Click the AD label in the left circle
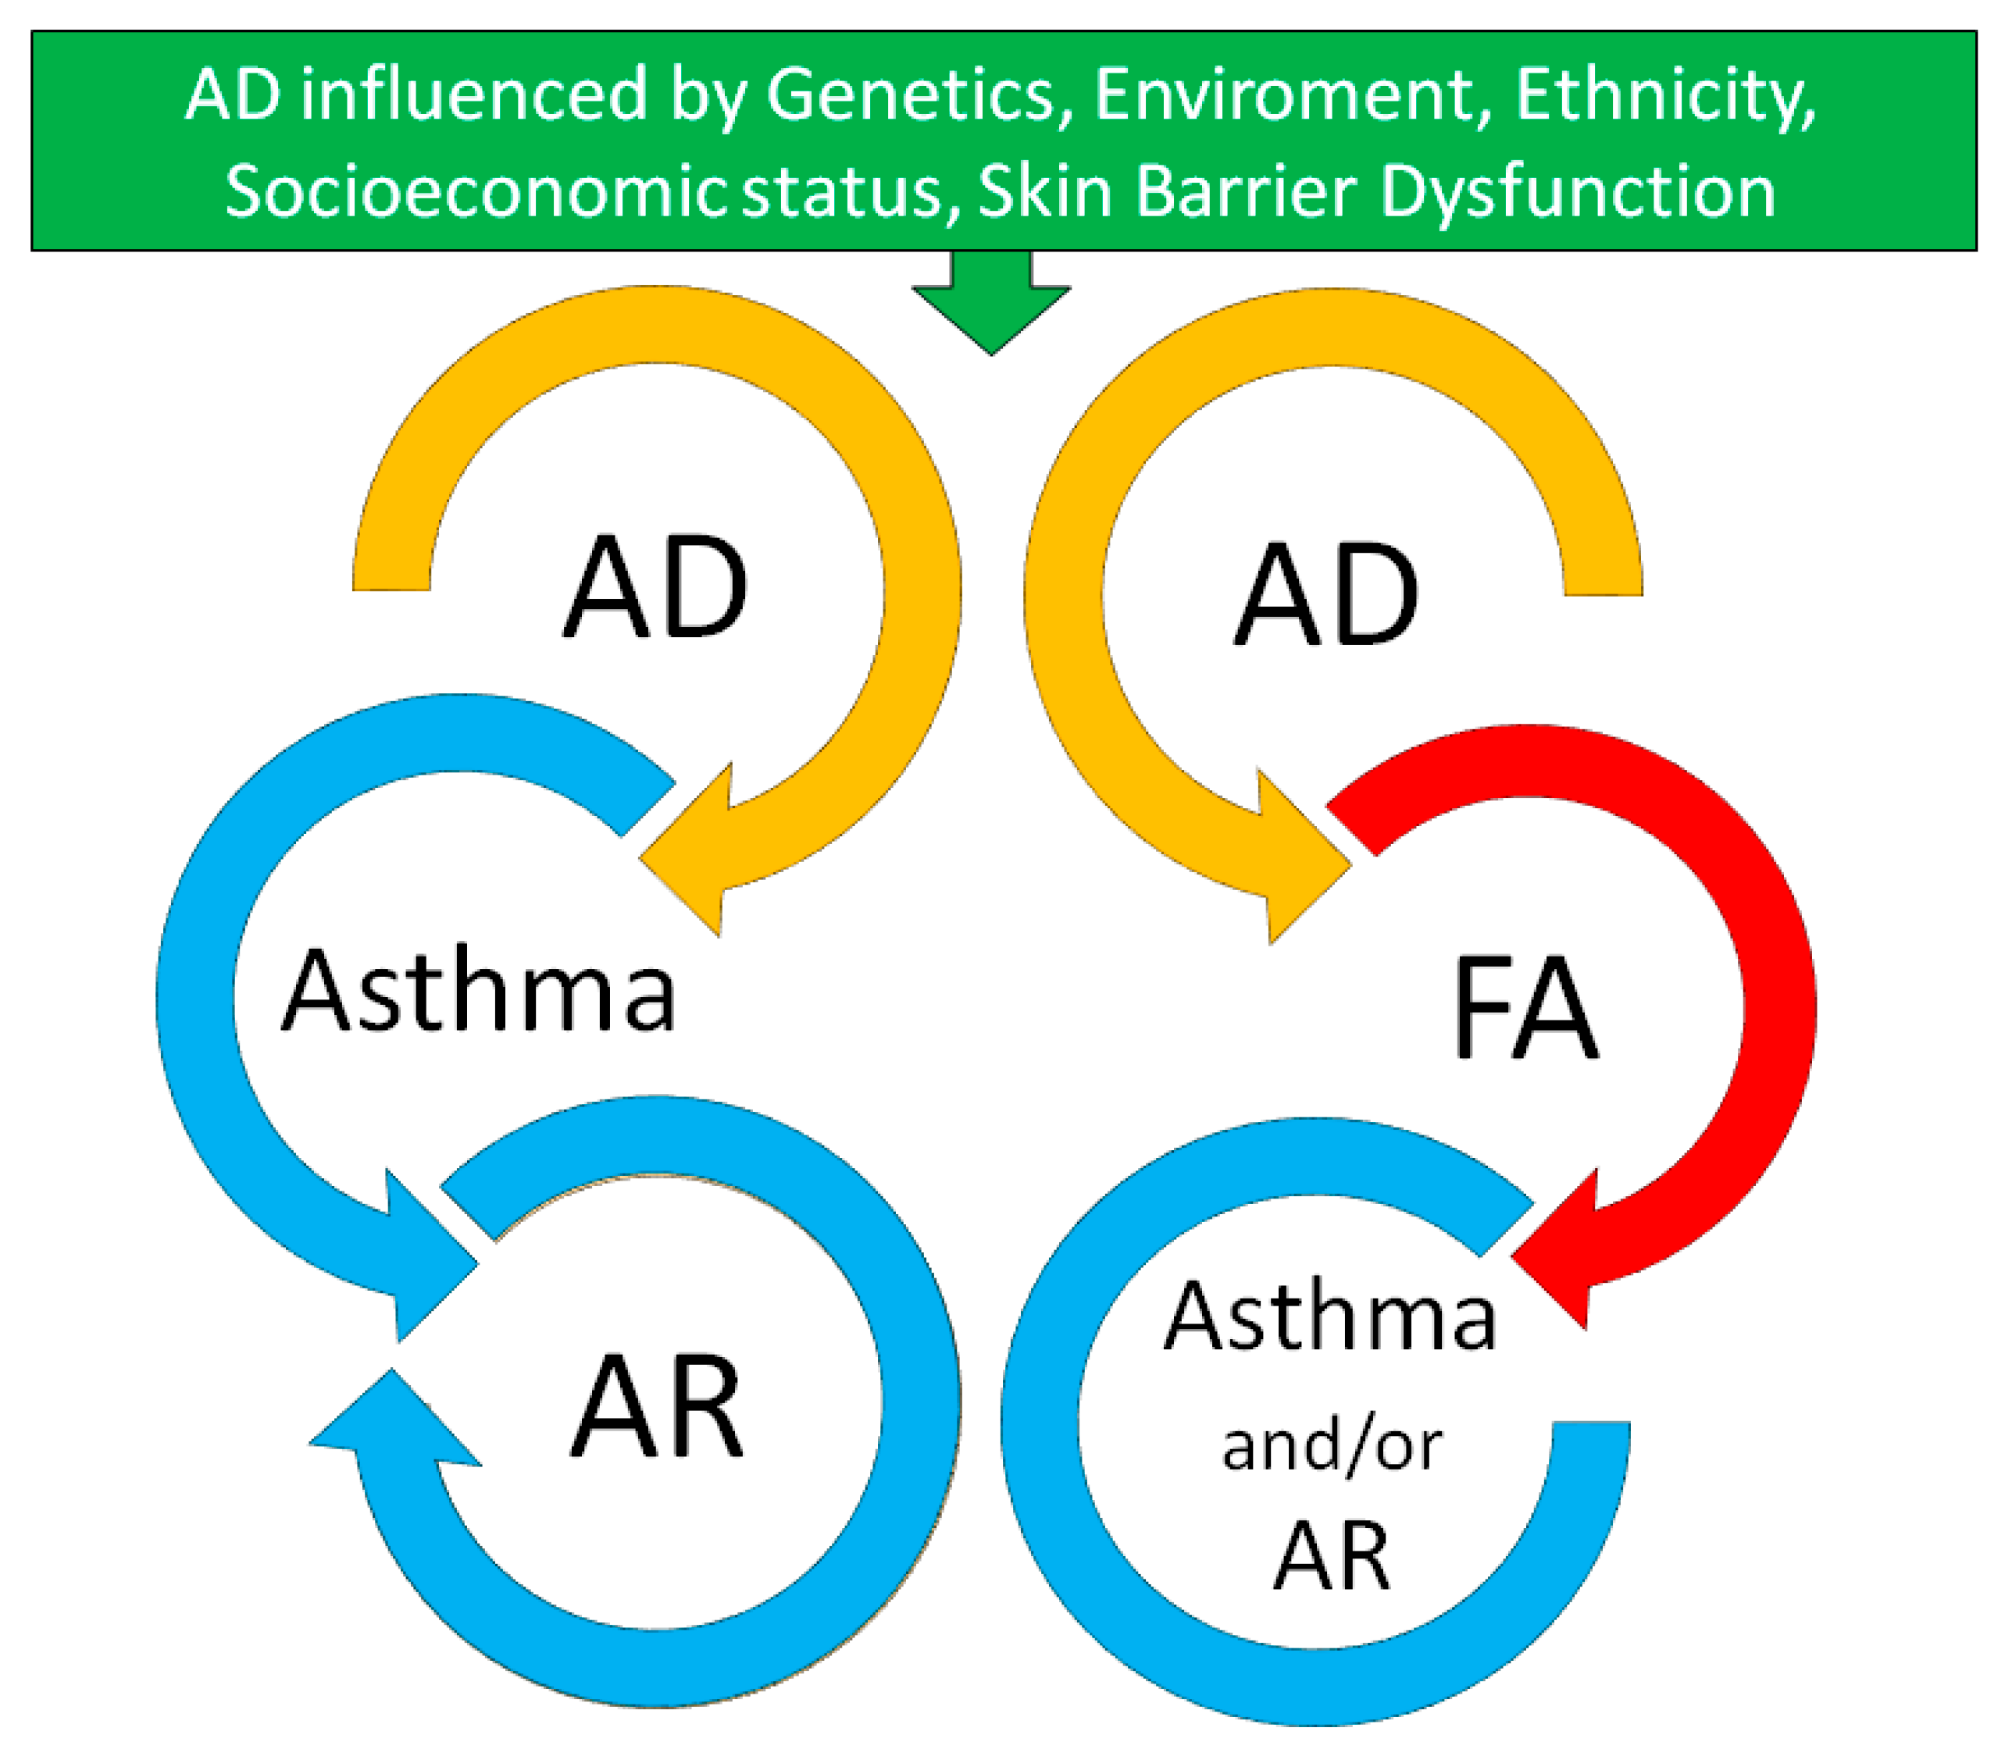[655, 589]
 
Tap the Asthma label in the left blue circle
[477, 991]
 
